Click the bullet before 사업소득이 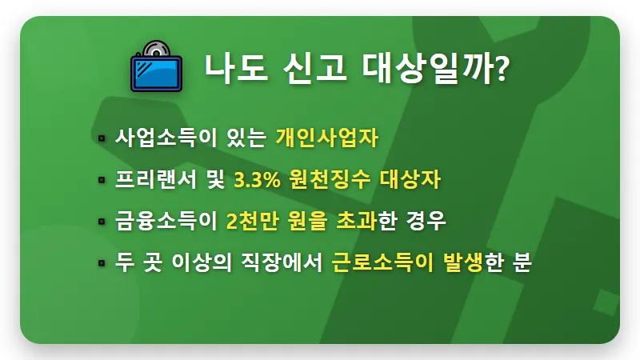(102, 138)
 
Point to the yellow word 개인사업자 (326, 138)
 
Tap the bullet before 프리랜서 (102, 180)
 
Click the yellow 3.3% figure (256, 180)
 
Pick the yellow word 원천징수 (330, 180)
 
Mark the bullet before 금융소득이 (102, 222)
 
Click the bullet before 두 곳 (102, 263)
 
